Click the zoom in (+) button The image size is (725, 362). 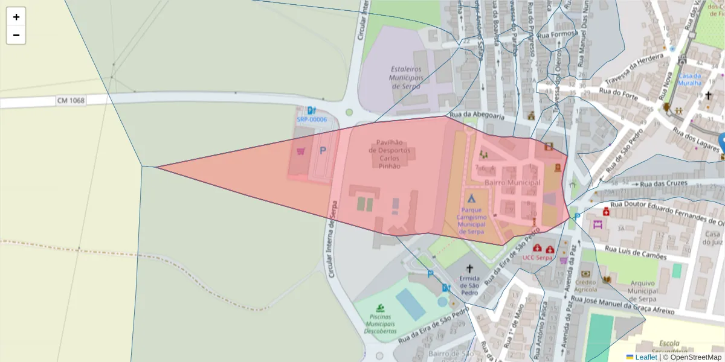pos(16,17)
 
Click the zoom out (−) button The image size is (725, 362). pos(16,35)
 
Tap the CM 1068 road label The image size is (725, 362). pos(71,100)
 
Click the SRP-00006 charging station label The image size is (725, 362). pos(311,119)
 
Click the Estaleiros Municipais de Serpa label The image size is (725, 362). pos(405,77)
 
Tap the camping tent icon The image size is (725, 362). pos(471,198)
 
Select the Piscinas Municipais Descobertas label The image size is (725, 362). pos(380,324)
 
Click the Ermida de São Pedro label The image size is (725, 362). pos(469,285)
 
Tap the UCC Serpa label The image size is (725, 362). pos(538,258)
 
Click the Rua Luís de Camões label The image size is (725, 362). pos(636,253)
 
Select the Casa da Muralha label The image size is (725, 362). pos(689,79)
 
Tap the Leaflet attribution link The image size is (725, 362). pos(645,357)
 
